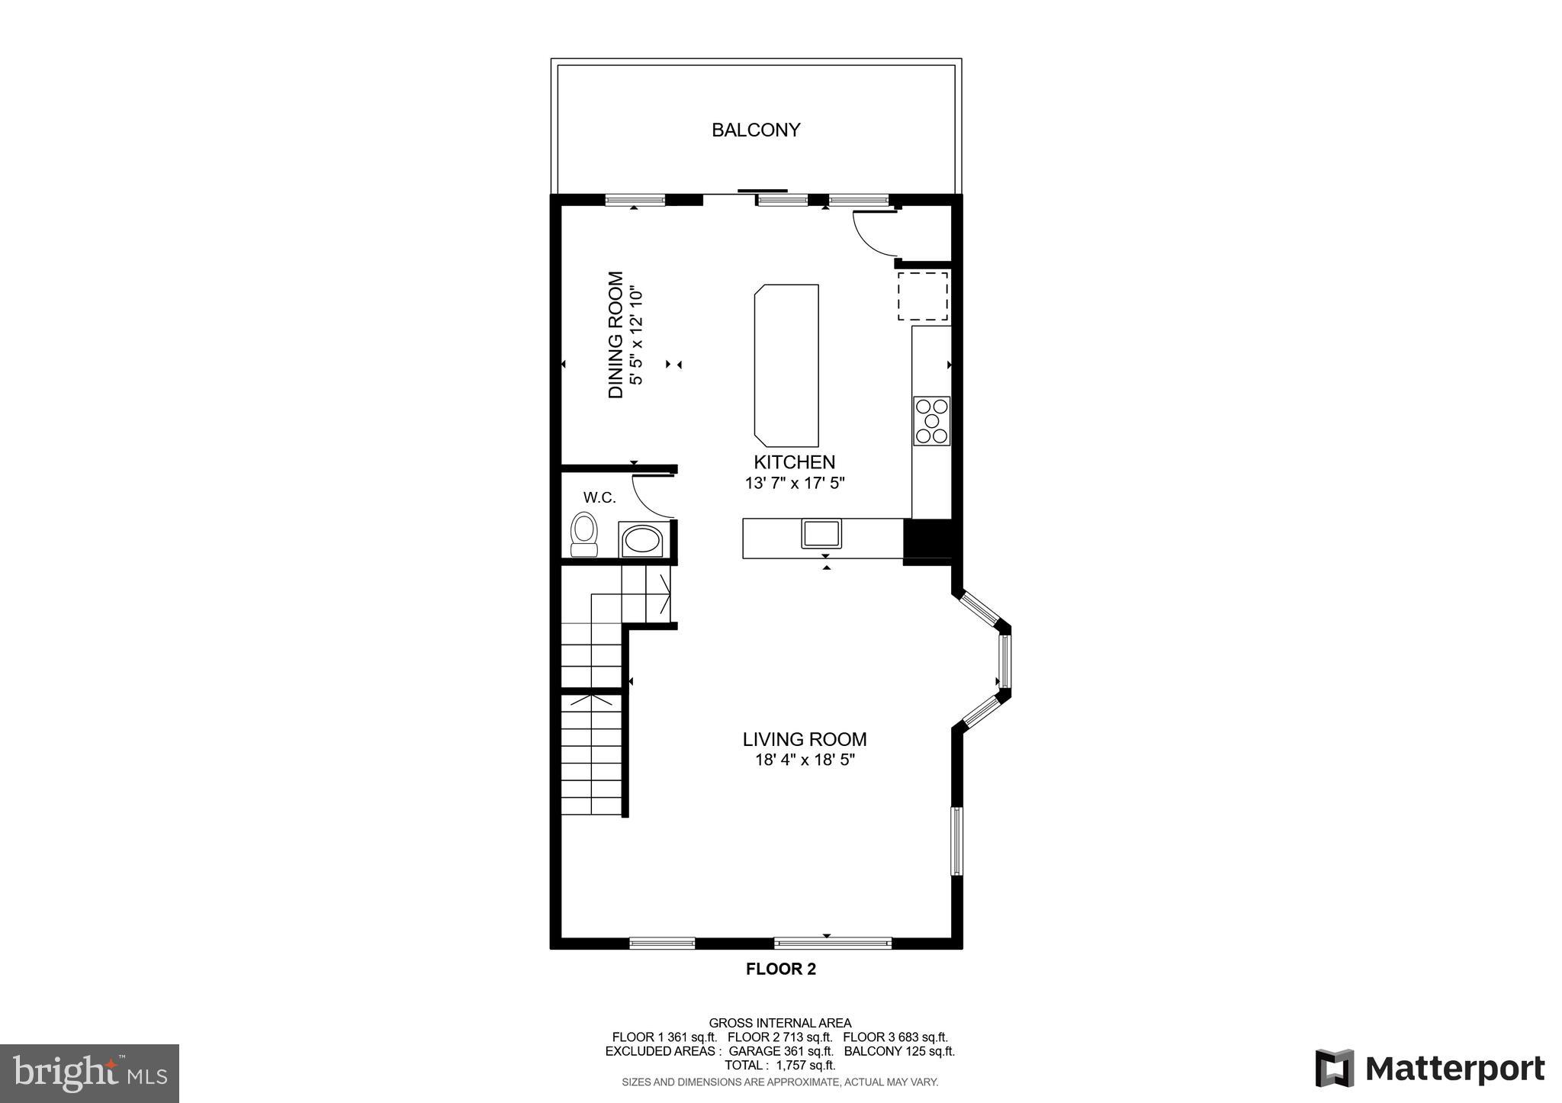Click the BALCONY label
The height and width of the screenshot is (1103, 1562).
755,130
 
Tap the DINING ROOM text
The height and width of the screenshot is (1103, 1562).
616,335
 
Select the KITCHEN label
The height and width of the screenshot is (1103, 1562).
794,462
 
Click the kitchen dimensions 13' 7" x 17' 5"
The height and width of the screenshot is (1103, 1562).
795,483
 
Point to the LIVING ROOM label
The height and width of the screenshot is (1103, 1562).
805,739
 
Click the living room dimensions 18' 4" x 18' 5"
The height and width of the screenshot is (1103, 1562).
805,760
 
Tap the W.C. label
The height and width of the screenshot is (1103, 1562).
599,498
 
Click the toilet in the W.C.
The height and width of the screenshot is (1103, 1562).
584,534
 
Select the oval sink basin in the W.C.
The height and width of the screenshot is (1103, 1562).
642,542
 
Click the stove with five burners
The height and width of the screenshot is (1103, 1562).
931,421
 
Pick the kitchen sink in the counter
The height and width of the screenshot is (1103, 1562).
821,532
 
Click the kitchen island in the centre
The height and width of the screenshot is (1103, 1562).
786,365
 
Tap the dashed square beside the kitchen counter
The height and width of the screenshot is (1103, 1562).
923,296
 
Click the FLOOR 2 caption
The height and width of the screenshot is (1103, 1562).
780,970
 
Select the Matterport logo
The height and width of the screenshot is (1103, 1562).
1429,1069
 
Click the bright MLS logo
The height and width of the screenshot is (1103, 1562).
89,1073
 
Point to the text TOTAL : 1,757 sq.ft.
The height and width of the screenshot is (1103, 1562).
779,1065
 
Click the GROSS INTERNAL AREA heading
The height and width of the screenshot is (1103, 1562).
779,1023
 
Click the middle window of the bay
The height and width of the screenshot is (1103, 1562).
1004,661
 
